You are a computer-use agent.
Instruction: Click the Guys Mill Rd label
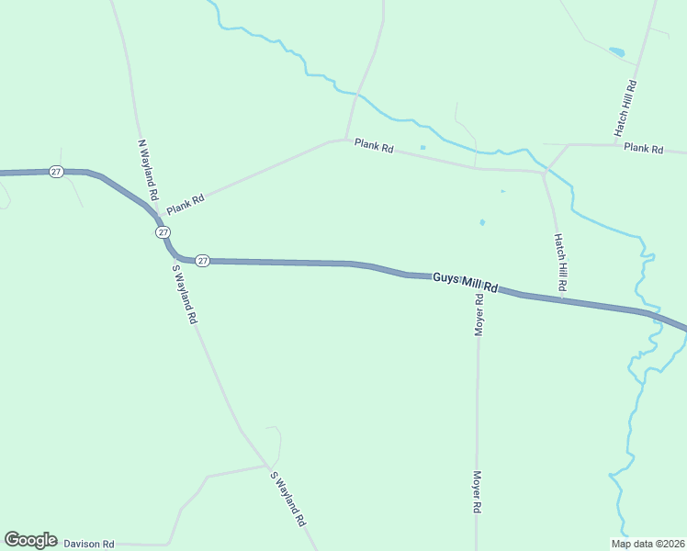click(x=465, y=282)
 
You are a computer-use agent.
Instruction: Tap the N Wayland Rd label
click(x=147, y=171)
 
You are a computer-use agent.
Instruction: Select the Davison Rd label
click(x=89, y=544)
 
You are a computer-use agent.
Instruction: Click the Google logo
click(x=29, y=540)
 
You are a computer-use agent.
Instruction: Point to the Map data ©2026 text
click(x=648, y=543)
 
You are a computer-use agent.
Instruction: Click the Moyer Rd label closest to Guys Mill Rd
click(x=479, y=314)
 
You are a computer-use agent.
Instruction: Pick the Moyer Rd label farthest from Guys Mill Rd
click(x=478, y=492)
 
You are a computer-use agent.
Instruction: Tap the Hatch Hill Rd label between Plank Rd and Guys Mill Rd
click(x=559, y=263)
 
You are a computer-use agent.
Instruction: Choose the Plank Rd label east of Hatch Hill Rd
click(x=643, y=148)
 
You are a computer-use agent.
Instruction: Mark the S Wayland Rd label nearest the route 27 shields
click(x=186, y=294)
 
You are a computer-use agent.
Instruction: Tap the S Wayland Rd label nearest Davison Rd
click(x=287, y=499)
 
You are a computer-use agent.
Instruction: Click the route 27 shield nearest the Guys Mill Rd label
click(x=203, y=261)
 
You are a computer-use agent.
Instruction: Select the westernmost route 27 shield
click(x=56, y=172)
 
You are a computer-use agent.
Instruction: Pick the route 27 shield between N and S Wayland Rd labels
click(x=162, y=232)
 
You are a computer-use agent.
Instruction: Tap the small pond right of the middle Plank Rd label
click(x=422, y=147)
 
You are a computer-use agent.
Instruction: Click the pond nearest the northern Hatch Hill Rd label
click(x=616, y=51)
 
